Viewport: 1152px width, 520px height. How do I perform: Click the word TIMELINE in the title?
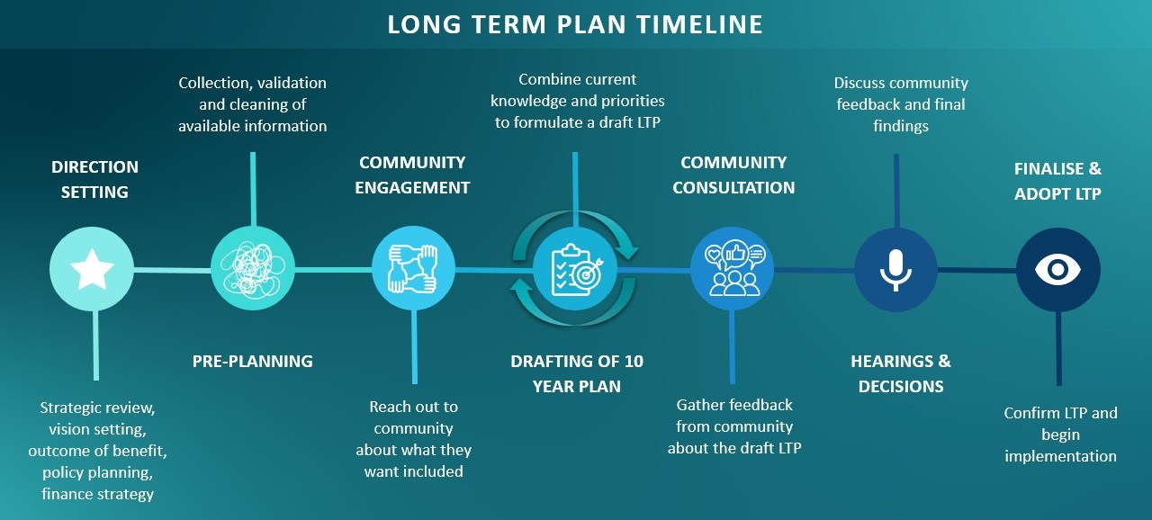tap(699, 24)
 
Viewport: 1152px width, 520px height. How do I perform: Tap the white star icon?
tap(92, 269)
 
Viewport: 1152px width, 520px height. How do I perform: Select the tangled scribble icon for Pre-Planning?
tap(253, 269)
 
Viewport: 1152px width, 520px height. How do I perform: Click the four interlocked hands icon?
tap(413, 269)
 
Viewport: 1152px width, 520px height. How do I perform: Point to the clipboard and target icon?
tap(575, 270)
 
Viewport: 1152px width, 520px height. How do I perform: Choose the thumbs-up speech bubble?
tap(735, 254)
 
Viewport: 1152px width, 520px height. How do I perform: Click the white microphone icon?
tap(895, 270)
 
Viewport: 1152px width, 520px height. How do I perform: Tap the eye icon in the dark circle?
tap(1057, 269)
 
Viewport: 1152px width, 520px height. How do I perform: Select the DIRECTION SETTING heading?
tap(94, 179)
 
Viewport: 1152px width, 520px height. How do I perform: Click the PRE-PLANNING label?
tap(253, 362)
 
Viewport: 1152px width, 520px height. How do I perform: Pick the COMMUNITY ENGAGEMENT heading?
tap(412, 175)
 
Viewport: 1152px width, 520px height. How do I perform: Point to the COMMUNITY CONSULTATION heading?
tap(733, 175)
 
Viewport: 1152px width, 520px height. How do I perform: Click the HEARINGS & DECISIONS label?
tap(901, 373)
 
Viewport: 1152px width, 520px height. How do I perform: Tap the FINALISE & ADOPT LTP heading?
tap(1057, 181)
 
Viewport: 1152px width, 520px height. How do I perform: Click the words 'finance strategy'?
tap(98, 494)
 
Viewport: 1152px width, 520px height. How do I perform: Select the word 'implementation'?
tap(1060, 456)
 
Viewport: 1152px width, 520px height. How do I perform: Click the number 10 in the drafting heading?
tap(634, 362)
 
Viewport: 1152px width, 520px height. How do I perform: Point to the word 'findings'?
tap(901, 126)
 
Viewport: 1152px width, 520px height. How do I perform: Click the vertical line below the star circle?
tap(96, 345)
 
